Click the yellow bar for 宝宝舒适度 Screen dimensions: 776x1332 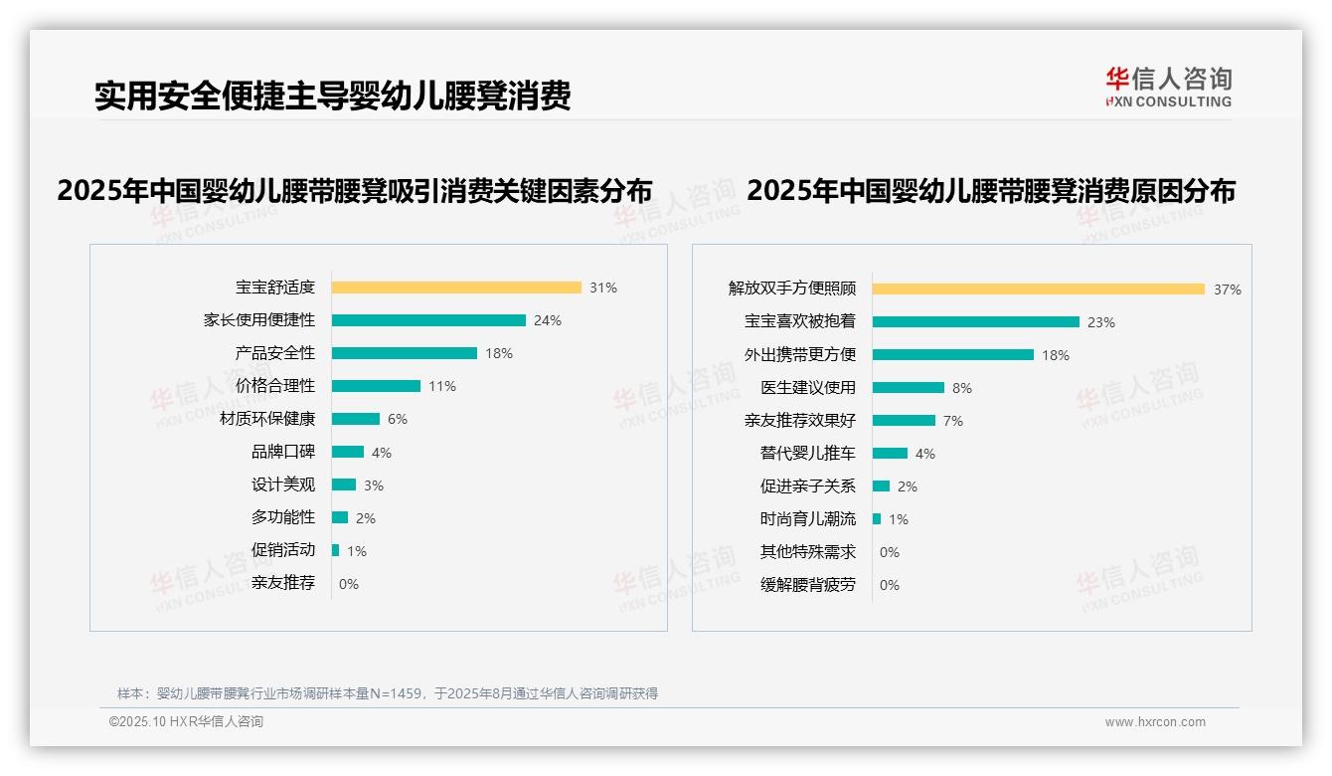[456, 288]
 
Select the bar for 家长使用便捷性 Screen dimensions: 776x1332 [428, 320]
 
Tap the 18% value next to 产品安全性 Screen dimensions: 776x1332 [499, 353]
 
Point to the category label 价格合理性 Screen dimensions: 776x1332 [275, 386]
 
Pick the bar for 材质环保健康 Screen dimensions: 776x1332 [356, 419]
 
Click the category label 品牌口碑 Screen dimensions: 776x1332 [283, 452]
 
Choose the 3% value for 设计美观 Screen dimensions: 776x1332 [374, 485]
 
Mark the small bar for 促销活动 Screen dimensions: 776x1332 [336, 550]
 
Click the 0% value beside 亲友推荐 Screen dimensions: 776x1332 [349, 584]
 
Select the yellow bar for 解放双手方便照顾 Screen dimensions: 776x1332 [1039, 289]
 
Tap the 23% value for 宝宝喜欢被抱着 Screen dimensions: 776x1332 [1101, 322]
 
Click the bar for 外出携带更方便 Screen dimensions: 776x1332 [953, 354]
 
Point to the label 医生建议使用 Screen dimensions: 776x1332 [808, 388]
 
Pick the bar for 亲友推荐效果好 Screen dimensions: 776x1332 [905, 420]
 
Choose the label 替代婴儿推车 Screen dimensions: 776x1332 [808, 454]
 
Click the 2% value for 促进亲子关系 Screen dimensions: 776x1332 [908, 486]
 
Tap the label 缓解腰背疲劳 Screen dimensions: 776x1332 [808, 585]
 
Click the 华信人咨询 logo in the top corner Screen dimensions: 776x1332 [1169, 87]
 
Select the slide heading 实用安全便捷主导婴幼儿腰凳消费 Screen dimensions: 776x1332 [333, 96]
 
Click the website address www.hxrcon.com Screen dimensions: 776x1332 [1155, 722]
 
